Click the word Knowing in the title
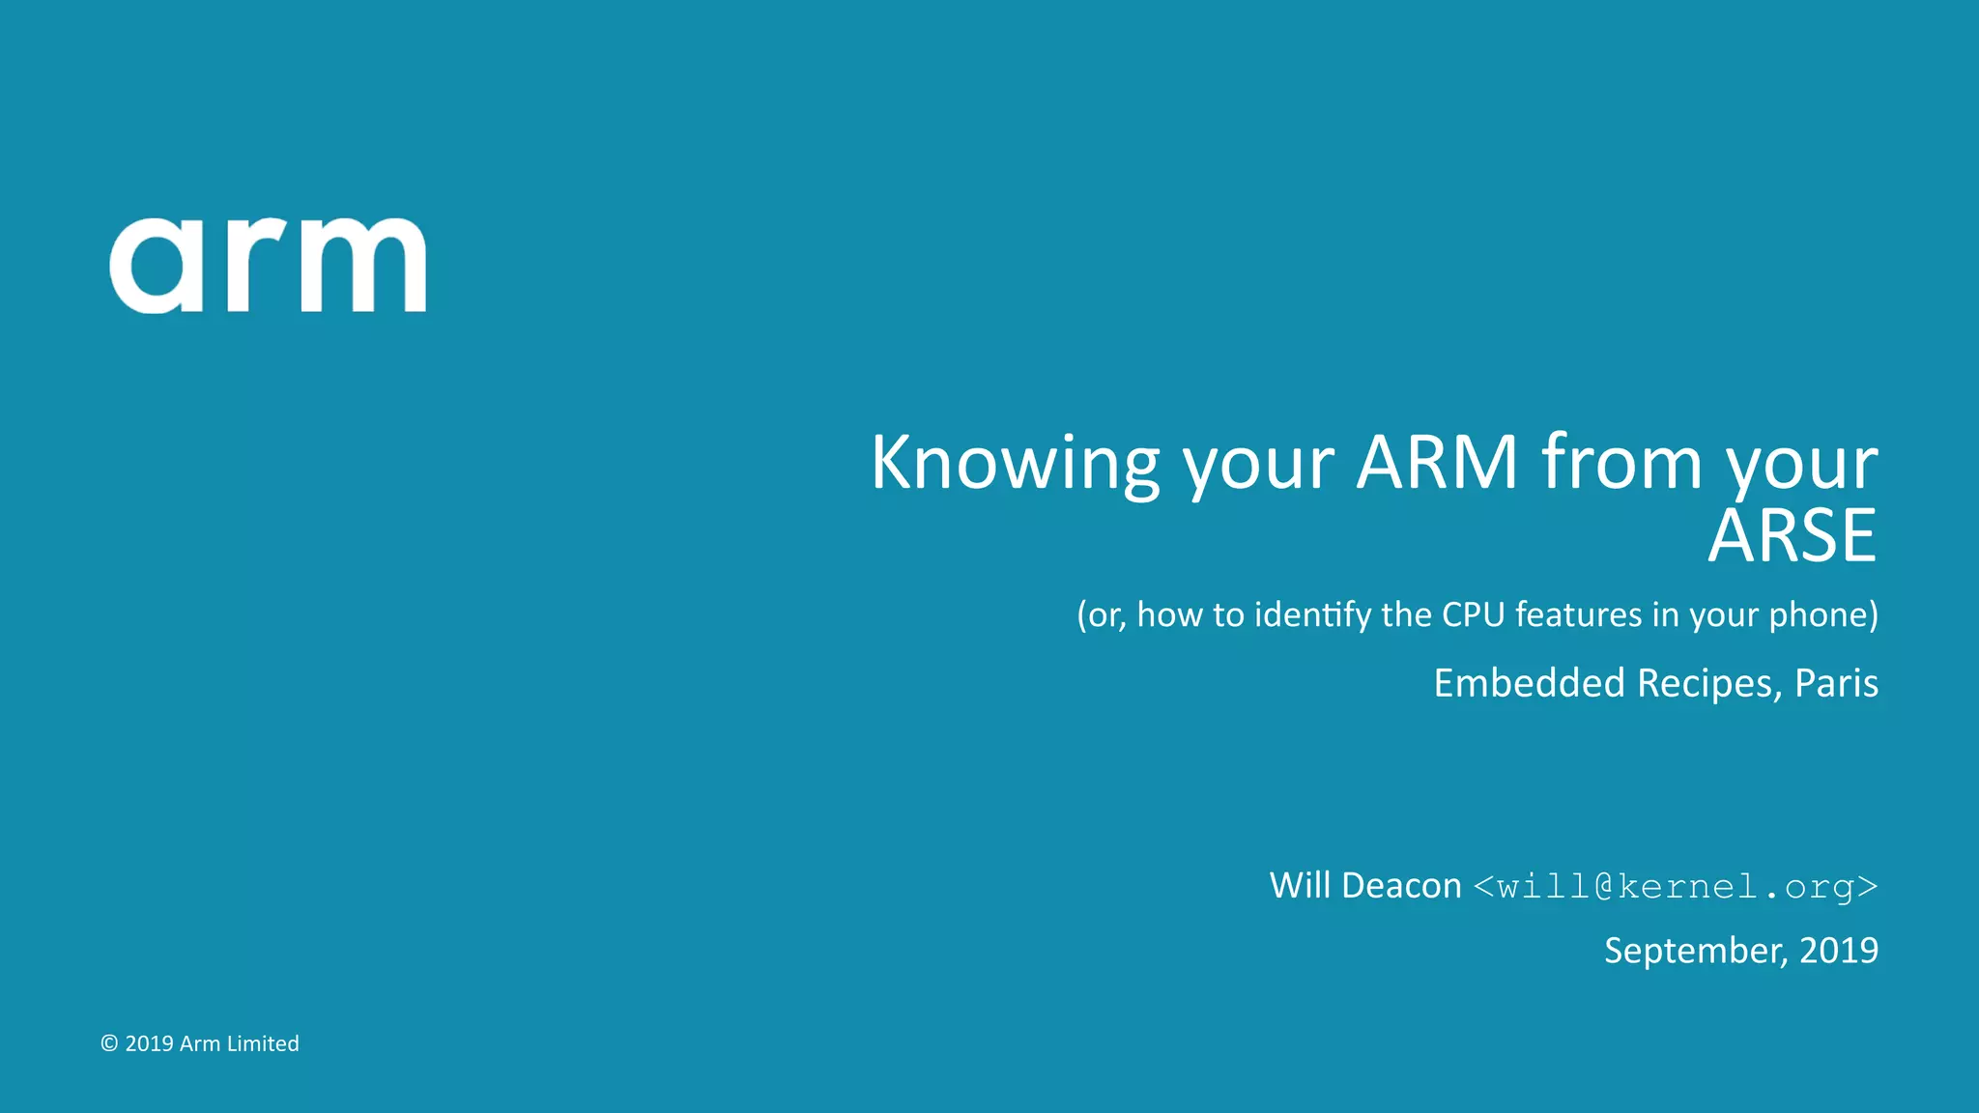pyautogui.click(x=1015, y=464)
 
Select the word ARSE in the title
pyautogui.click(x=1793, y=536)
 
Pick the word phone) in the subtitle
pyautogui.click(x=1823, y=615)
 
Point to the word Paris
pyautogui.click(x=1836, y=683)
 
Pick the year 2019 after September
pyautogui.click(x=1839, y=951)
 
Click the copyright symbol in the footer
pyautogui.click(x=109, y=1043)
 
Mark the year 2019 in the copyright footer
pyautogui.click(x=149, y=1043)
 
